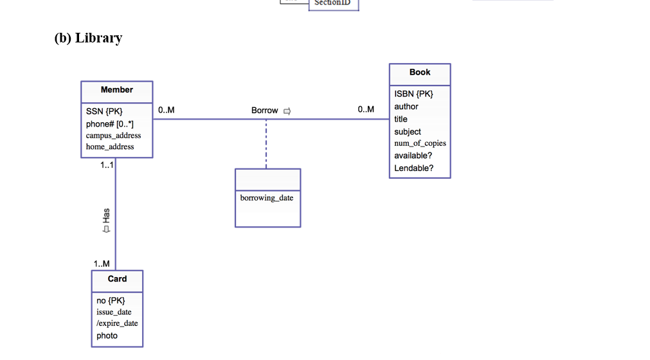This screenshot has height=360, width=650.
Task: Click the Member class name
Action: click(116, 90)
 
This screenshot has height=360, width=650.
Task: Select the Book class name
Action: click(420, 73)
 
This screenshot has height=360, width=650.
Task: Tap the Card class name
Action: click(117, 279)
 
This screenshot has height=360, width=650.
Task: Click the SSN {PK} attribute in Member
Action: click(104, 111)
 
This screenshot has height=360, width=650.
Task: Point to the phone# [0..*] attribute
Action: click(110, 123)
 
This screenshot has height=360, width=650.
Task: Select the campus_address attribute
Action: click(113, 136)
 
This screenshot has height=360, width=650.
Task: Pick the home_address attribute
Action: click(110, 147)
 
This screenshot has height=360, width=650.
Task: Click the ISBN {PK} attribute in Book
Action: click(413, 94)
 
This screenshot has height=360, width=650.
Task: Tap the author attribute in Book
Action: click(406, 107)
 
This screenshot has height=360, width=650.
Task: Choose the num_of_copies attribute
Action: click(420, 143)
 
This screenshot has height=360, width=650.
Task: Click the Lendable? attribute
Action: click(413, 168)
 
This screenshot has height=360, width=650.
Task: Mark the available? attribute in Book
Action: click(413, 156)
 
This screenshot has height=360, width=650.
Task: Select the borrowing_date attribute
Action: click(267, 198)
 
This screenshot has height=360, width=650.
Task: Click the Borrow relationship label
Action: click(265, 111)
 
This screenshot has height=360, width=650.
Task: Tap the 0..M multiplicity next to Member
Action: click(166, 110)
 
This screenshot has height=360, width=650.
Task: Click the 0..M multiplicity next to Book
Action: click(366, 110)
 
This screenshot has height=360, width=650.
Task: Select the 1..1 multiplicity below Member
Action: click(106, 165)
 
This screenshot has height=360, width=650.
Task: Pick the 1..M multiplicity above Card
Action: click(102, 264)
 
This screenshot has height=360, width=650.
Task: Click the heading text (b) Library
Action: click(88, 38)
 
